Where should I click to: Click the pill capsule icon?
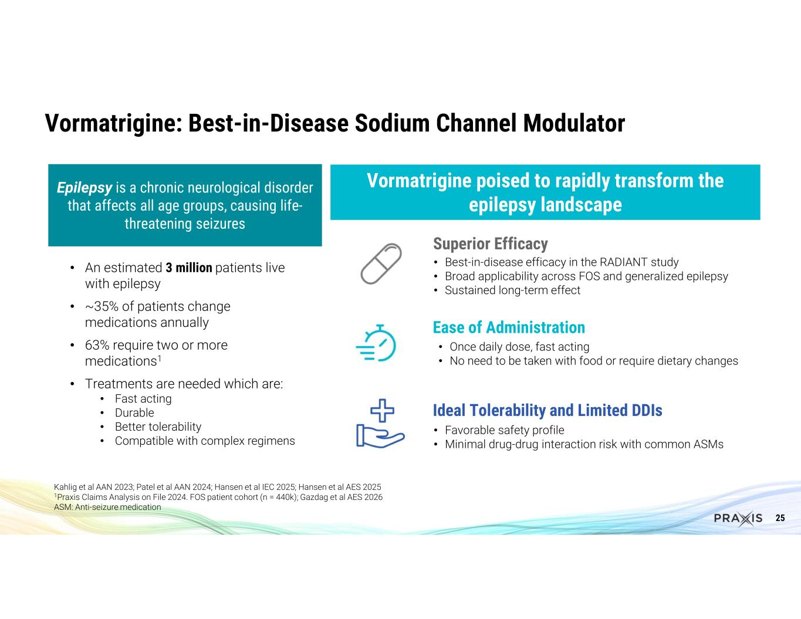(x=381, y=263)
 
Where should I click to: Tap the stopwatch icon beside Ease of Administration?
(x=376, y=343)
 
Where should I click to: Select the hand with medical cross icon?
(x=380, y=424)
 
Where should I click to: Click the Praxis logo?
(x=738, y=518)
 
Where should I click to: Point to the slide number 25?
(x=780, y=518)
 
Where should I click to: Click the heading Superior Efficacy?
(x=490, y=244)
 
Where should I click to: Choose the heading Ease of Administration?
(x=509, y=327)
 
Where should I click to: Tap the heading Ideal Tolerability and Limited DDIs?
(x=547, y=410)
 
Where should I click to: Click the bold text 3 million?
(x=189, y=268)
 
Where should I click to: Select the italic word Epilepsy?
(x=85, y=188)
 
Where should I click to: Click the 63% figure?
(x=97, y=345)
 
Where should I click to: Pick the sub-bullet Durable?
(x=134, y=412)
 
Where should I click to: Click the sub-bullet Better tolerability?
(x=158, y=427)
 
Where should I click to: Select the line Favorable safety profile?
(x=504, y=430)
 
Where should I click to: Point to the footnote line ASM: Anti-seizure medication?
(x=107, y=507)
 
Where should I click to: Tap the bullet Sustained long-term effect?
(x=512, y=290)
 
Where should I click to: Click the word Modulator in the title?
(x=574, y=123)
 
